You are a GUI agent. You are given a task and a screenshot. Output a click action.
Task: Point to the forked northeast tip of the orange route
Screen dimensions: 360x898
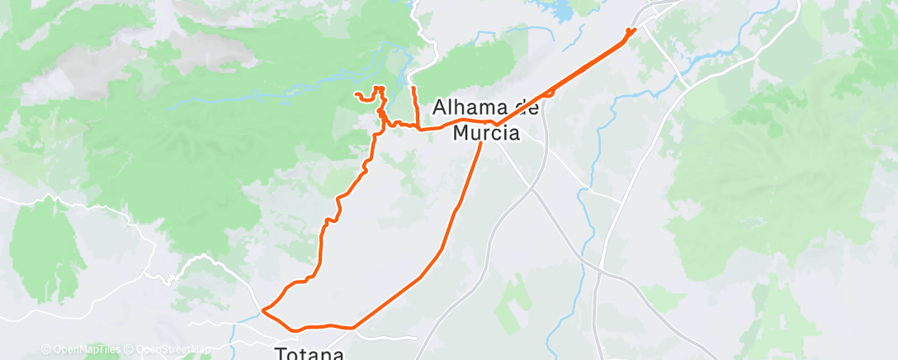tap(631, 31)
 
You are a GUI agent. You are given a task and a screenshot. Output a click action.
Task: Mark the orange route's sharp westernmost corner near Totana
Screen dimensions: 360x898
tap(262, 310)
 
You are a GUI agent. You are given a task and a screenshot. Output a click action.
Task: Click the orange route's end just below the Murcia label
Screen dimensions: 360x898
tap(481, 144)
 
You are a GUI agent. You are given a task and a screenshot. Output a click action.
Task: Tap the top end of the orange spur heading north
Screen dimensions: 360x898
tap(412, 87)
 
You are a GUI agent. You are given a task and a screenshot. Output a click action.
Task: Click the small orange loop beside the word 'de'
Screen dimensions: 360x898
tap(549, 92)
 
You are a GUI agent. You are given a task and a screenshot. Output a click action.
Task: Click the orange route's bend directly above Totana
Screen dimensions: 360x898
tap(353, 327)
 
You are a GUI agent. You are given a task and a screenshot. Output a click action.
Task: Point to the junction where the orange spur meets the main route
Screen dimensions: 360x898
tap(418, 129)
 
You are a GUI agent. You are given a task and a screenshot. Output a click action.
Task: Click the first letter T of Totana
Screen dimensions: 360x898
tap(279, 353)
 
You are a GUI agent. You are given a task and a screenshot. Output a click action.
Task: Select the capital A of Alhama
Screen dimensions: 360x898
tap(439, 107)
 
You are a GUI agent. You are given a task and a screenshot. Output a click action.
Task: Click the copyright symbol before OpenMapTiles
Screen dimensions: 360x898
tap(46, 350)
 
